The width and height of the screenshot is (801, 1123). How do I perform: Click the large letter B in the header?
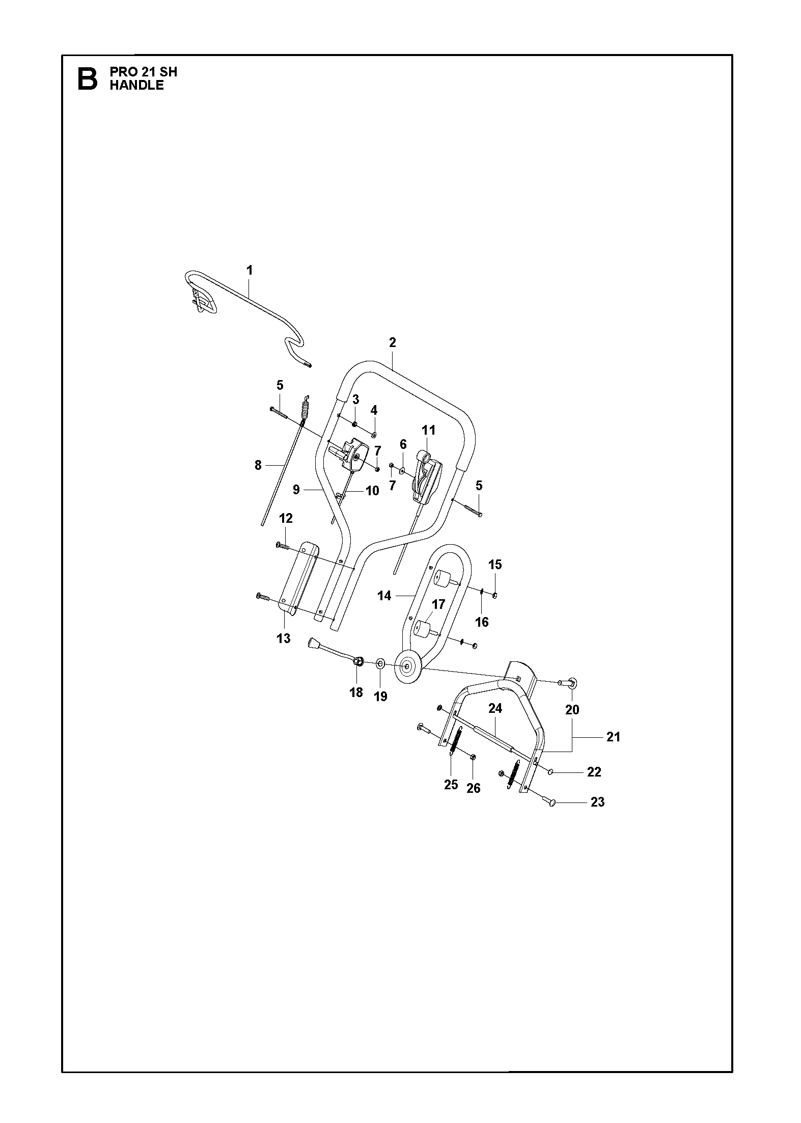(x=87, y=78)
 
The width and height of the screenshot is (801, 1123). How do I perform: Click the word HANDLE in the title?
(x=136, y=86)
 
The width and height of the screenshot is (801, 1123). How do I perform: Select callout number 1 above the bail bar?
(x=250, y=270)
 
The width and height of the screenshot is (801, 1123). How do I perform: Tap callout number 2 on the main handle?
(x=392, y=342)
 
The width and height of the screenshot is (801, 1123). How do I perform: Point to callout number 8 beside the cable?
(x=258, y=465)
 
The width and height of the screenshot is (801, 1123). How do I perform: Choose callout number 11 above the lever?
(x=429, y=430)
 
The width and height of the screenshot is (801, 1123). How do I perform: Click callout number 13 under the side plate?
(x=284, y=638)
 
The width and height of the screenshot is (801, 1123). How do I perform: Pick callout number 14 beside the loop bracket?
(x=384, y=595)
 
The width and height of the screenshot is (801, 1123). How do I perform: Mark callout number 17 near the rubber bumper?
(x=438, y=604)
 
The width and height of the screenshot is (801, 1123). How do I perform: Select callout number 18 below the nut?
(x=356, y=692)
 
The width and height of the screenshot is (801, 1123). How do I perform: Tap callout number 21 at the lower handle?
(x=613, y=737)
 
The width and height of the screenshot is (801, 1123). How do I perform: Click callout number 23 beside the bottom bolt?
(x=597, y=802)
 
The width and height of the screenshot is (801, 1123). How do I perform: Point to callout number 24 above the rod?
(x=495, y=708)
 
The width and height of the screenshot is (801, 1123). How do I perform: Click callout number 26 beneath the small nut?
(x=474, y=788)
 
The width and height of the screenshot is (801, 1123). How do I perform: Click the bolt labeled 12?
(x=283, y=546)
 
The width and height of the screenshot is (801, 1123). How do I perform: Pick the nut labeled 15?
(x=495, y=595)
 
